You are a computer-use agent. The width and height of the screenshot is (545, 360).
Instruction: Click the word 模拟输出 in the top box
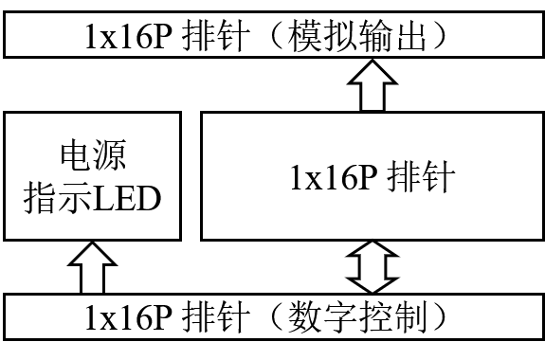[356, 35]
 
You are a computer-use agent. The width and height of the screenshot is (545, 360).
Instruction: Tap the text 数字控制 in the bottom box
[357, 316]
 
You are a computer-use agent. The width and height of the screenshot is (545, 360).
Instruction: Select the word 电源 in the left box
[93, 155]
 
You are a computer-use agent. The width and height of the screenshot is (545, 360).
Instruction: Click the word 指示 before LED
[58, 198]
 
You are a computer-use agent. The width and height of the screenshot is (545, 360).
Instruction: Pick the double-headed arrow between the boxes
[372, 267]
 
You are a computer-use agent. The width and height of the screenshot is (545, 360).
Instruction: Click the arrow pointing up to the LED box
[92, 267]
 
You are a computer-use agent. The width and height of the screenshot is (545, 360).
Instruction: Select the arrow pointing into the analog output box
[372, 85]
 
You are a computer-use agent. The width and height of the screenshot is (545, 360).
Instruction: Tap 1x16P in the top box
[128, 36]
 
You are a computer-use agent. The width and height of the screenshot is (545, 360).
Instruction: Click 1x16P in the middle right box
[334, 176]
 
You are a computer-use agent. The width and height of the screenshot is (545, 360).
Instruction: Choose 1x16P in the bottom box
[128, 317]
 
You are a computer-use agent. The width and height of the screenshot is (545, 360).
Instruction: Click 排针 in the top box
[216, 35]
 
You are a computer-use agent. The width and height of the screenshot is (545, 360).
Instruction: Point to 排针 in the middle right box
[421, 176]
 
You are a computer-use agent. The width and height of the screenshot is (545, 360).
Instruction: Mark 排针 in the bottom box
[216, 316]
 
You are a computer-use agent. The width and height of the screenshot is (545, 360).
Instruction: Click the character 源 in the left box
[110, 155]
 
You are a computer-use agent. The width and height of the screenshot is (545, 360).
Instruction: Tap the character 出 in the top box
[409, 35]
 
